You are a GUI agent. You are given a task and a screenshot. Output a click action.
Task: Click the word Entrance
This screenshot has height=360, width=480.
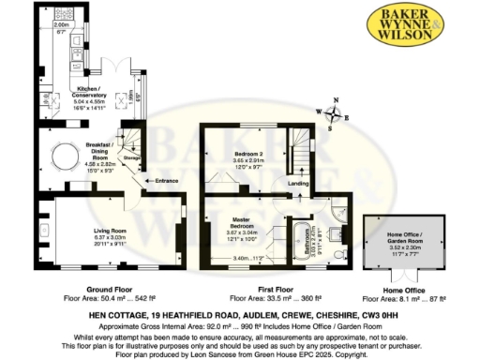167,180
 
